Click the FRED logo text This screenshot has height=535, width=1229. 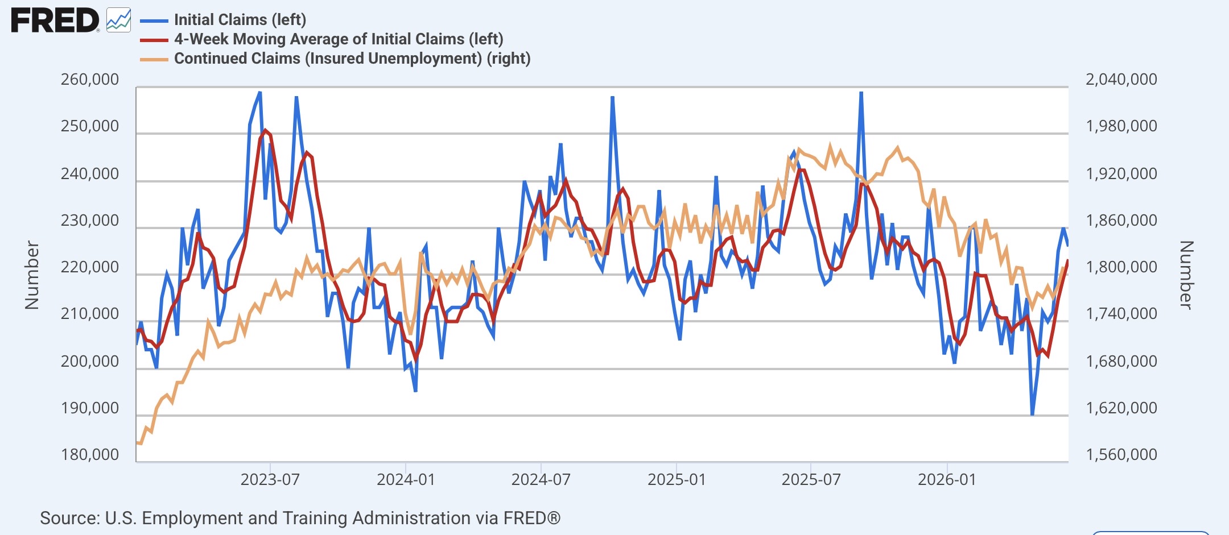coord(55,21)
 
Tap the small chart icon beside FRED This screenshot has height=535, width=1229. coord(118,20)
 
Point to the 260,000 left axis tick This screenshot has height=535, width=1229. coord(90,79)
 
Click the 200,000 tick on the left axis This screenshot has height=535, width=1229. coord(90,361)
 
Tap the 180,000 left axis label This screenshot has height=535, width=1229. coord(90,454)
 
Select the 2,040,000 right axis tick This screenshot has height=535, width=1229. coord(1121,79)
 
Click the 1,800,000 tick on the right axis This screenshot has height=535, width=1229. coord(1121,267)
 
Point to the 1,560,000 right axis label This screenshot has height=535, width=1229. coord(1121,454)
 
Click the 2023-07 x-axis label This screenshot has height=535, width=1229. coord(270,479)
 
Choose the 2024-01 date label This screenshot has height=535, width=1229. coord(406,479)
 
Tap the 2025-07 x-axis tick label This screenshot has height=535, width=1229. coord(811,479)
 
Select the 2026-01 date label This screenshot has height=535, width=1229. coord(947,479)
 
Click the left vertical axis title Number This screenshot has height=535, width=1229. coord(32,275)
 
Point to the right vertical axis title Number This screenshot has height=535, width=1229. coord(1186,275)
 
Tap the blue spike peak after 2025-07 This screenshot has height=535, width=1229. coord(861,92)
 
